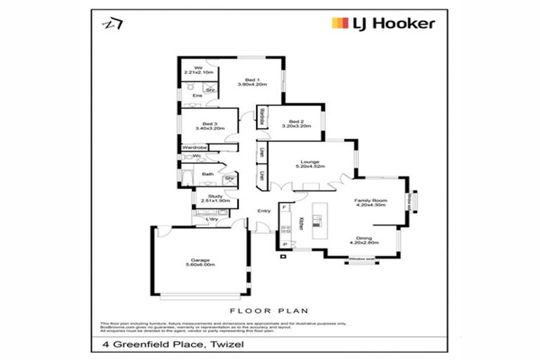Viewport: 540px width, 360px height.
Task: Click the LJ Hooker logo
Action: [382, 23]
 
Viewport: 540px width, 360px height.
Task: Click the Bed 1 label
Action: [252, 82]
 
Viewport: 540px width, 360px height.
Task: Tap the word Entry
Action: [264, 211]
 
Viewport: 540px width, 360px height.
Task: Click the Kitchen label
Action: [300, 222]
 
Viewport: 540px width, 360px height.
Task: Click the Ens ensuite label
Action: [188, 96]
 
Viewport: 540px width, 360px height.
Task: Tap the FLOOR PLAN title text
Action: [269, 309]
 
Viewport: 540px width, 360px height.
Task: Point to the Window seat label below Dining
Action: [361, 260]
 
